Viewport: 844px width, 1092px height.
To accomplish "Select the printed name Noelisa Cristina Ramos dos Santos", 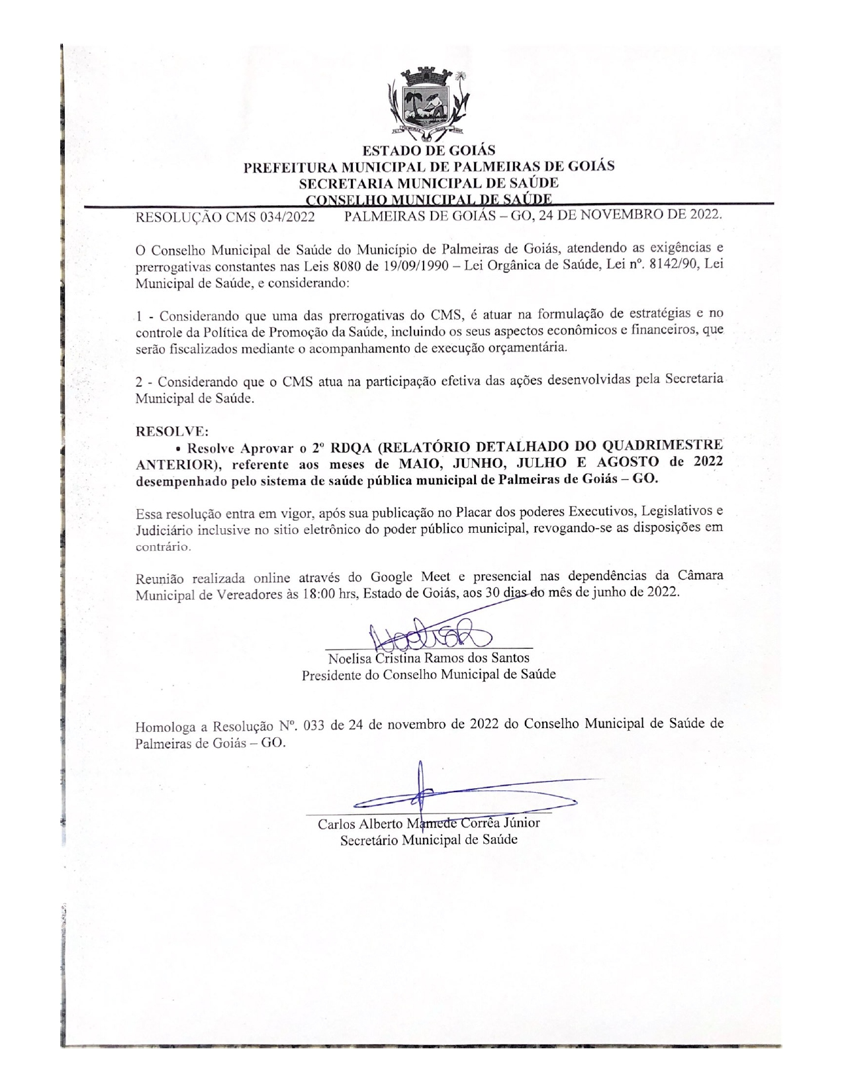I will pos(428,659).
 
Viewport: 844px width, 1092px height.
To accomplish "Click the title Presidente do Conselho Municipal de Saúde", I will pos(428,675).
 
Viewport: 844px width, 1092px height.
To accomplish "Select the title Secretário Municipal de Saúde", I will pos(428,840).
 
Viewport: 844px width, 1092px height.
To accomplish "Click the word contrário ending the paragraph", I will pos(163,547).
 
